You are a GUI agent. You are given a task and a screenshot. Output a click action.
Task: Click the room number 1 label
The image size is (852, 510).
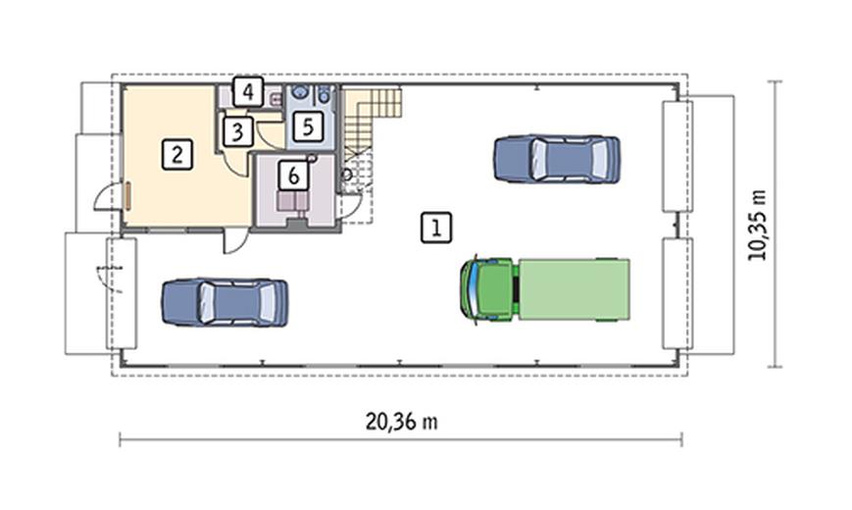436,228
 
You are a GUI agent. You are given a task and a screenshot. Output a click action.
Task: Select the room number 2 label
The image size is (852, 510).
177,154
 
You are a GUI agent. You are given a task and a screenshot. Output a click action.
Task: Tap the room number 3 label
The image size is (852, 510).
237,132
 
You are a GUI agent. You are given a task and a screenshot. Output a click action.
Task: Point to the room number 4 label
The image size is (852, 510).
248,92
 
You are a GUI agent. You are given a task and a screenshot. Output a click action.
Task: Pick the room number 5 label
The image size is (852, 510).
308,127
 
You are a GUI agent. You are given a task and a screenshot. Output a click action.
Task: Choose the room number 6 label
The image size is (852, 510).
293,176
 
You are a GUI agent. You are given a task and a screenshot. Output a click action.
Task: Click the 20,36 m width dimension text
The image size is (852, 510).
401,422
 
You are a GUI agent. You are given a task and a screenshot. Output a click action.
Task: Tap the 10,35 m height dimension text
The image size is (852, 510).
757,226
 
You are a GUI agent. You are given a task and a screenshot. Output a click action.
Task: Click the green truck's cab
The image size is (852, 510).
487,289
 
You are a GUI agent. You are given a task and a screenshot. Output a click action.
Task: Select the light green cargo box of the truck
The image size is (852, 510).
575,289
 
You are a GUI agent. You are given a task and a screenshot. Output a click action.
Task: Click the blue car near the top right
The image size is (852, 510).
557,159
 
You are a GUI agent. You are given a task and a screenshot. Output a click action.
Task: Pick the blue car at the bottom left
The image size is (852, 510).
225,302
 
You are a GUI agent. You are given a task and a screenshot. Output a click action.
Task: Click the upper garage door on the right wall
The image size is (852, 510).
677,156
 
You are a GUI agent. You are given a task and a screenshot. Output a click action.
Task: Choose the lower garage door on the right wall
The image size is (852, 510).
677,293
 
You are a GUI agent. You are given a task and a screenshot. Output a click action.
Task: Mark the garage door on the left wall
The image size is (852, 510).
122,293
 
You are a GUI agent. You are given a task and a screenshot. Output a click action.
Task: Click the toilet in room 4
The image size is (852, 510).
276,99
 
